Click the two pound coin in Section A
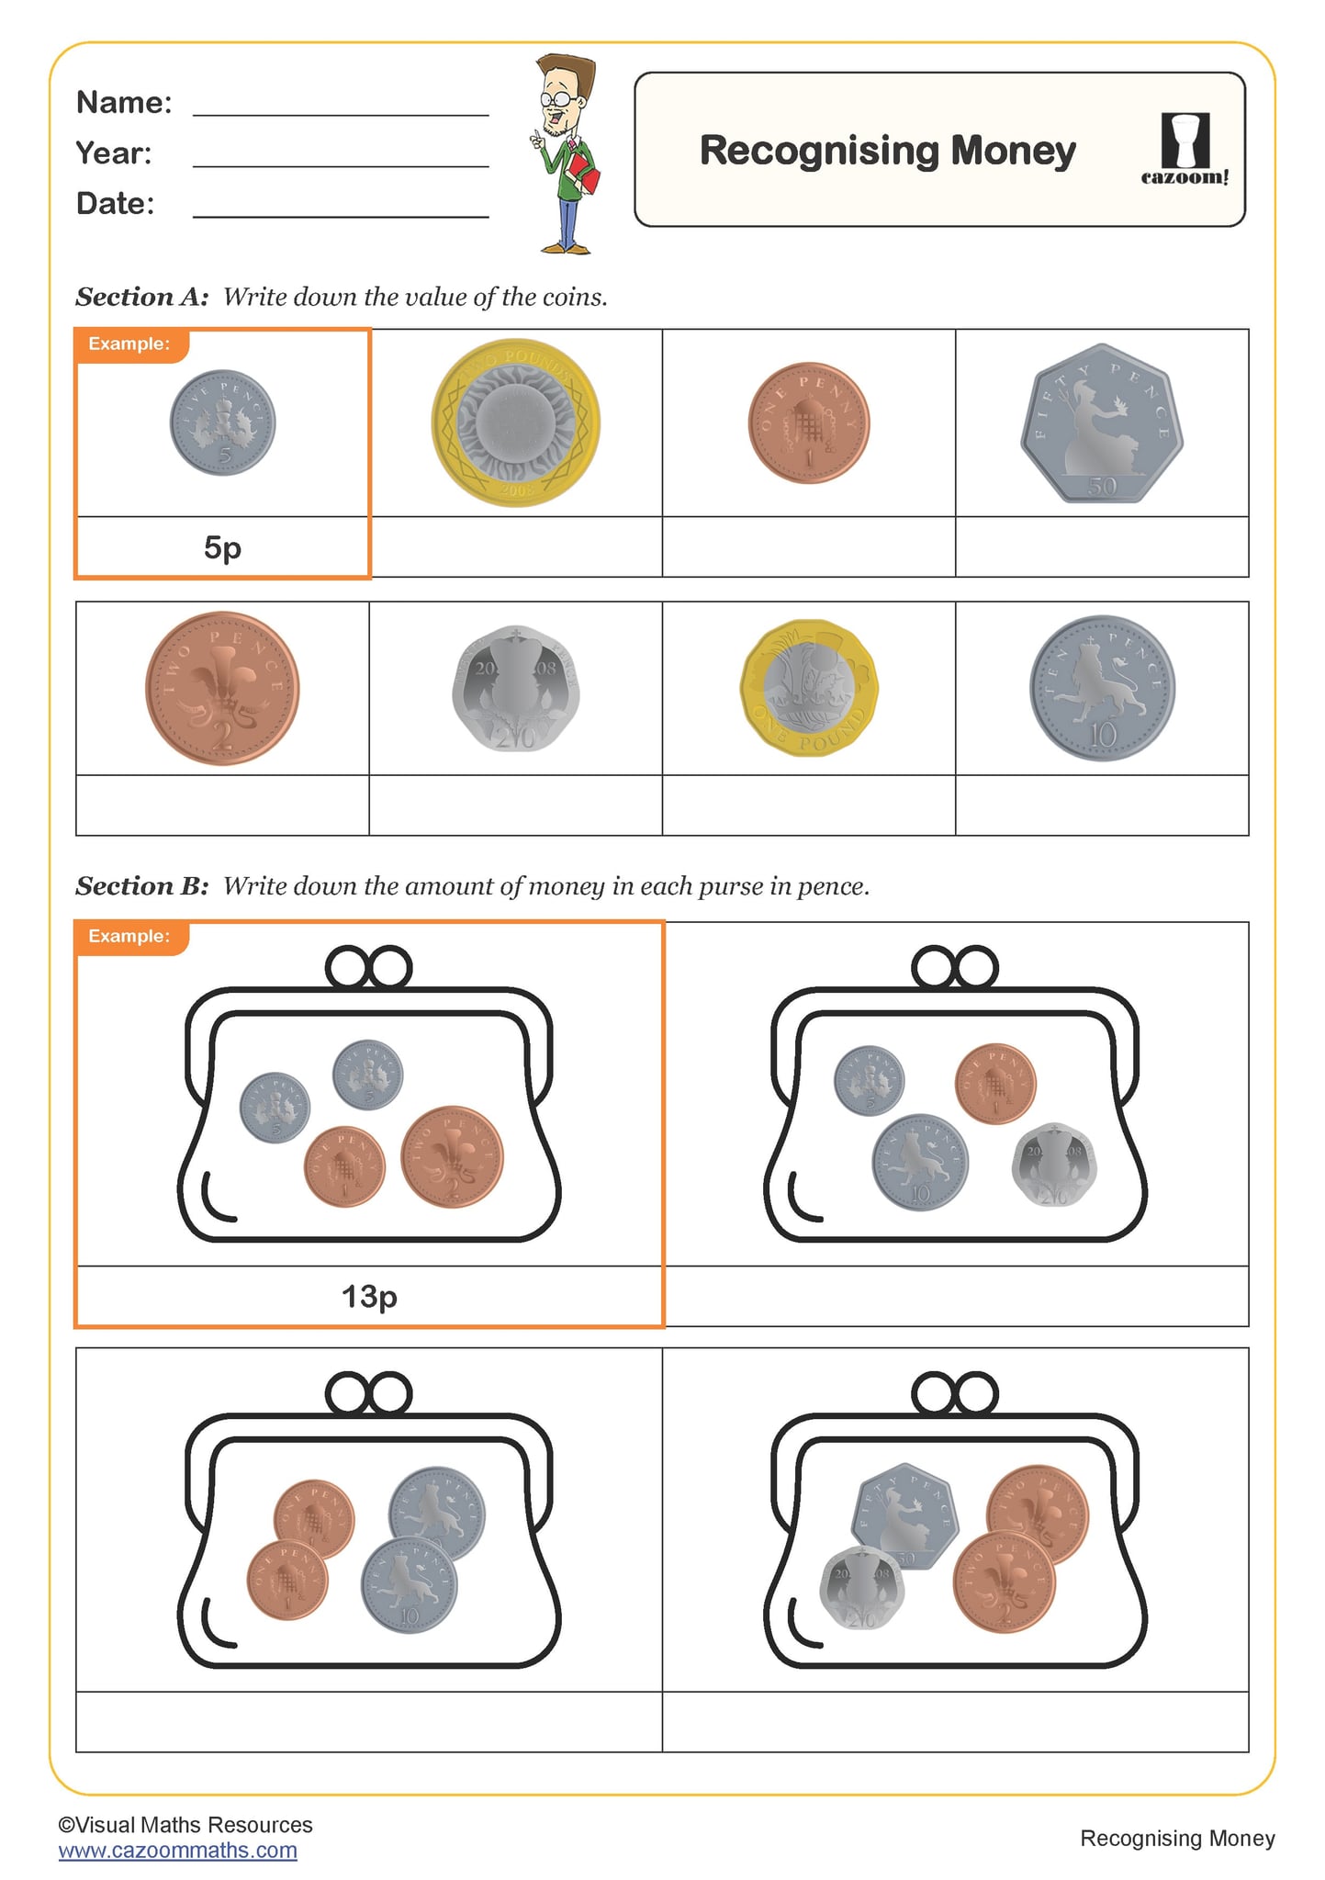click(x=515, y=422)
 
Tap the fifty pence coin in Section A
click(x=1101, y=423)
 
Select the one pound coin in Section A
click(x=809, y=687)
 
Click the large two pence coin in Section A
click(x=222, y=688)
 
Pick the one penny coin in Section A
click(x=808, y=422)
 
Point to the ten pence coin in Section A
click(x=1102, y=688)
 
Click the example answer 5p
click(x=222, y=547)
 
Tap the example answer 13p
click(x=369, y=1296)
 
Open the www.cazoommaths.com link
click(x=178, y=1850)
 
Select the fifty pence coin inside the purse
click(x=904, y=1514)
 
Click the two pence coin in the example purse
click(x=452, y=1156)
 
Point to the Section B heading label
click(x=142, y=886)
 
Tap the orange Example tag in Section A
click(x=130, y=344)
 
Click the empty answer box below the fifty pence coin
click(x=1101, y=547)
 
